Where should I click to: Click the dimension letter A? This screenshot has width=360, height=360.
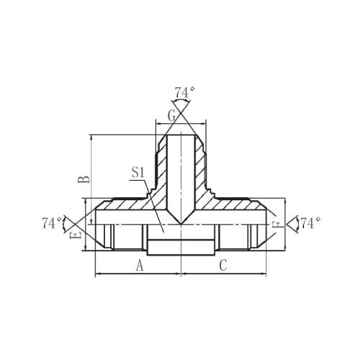(x=140, y=266)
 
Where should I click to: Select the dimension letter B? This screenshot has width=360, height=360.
(x=84, y=179)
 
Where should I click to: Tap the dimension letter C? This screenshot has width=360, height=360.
(x=223, y=266)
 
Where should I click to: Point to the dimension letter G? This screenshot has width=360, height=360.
(x=172, y=116)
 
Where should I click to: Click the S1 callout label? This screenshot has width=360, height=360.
(x=138, y=173)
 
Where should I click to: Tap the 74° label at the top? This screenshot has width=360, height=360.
(x=184, y=93)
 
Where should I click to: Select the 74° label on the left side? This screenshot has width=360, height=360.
(x=52, y=223)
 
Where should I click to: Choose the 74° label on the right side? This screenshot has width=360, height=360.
(x=310, y=223)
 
